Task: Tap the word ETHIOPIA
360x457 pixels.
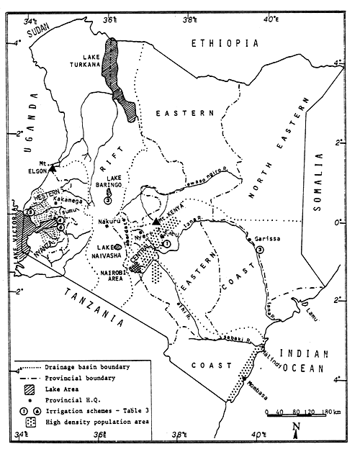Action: click(x=224, y=44)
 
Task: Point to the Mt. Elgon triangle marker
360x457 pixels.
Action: click(x=55, y=166)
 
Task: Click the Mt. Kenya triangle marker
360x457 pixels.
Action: click(x=156, y=221)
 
